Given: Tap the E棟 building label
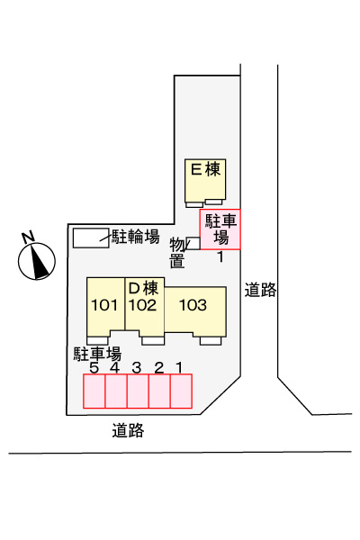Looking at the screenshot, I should tap(205, 168).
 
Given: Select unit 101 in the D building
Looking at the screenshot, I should tap(105, 305).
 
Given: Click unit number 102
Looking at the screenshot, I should tap(143, 305).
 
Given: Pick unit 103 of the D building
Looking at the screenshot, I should tap(193, 305).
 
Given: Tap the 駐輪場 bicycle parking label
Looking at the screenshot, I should tap(135, 238).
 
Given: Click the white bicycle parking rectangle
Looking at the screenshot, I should tap(89, 238).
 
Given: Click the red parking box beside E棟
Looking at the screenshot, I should tap(220, 229).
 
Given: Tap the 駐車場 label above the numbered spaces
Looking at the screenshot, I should tap(97, 353).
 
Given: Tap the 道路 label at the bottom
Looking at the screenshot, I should tap(128, 430).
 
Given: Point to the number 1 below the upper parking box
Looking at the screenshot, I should tap(220, 256).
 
